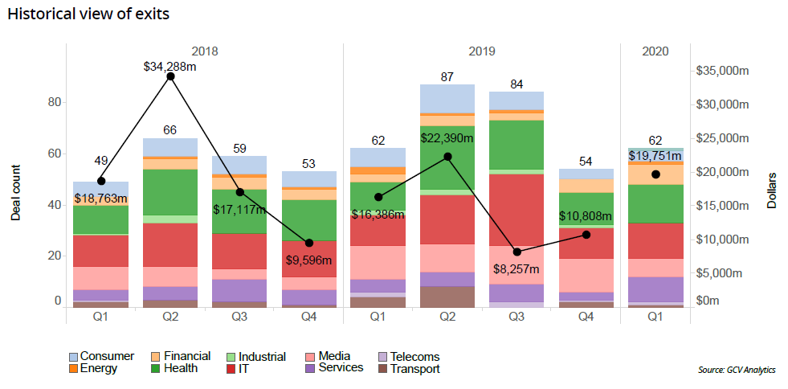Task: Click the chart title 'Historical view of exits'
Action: (x=88, y=14)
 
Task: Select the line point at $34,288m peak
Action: (x=170, y=76)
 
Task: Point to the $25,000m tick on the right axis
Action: (x=722, y=137)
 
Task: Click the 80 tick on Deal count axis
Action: (x=55, y=102)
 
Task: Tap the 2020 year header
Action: (x=655, y=51)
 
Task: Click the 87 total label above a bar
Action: (x=447, y=77)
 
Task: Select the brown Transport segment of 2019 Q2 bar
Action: (x=447, y=297)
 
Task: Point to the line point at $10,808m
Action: (x=586, y=234)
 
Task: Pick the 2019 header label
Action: (x=481, y=51)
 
